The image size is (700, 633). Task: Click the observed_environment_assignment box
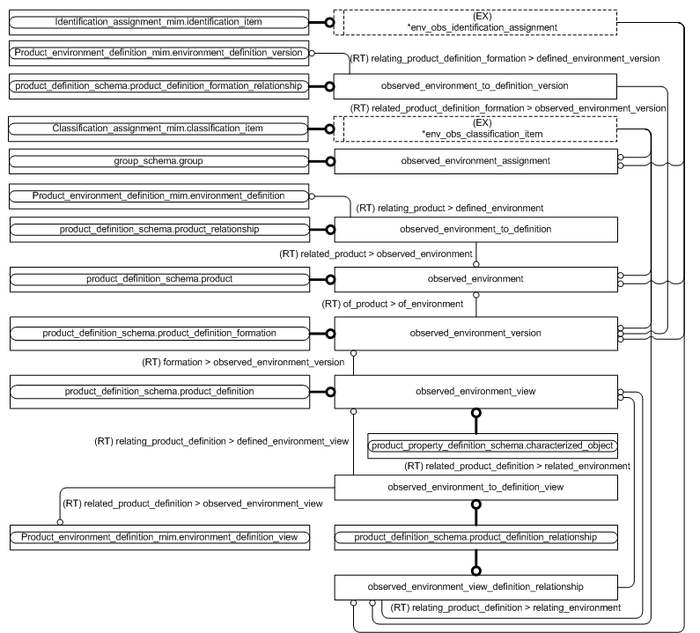pyautogui.click(x=475, y=161)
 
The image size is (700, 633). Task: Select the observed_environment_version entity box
pyautogui.click(x=475, y=333)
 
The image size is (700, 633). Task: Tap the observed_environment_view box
pyautogui.click(x=475, y=390)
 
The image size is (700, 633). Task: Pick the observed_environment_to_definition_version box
pyautogui.click(x=475, y=86)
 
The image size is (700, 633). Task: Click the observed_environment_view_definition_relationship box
pyautogui.click(x=475, y=585)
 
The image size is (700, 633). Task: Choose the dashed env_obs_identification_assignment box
pyautogui.click(x=475, y=22)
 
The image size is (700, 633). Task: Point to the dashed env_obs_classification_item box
pyautogui.click(x=475, y=129)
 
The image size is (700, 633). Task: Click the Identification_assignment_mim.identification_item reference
pyautogui.click(x=158, y=21)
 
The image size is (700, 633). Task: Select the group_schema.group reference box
pyautogui.click(x=158, y=161)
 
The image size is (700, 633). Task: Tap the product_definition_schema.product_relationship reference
pyautogui.click(x=158, y=230)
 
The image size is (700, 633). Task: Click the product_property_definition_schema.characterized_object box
pyautogui.click(x=491, y=445)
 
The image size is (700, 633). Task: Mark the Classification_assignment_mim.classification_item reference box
pyautogui.click(x=158, y=129)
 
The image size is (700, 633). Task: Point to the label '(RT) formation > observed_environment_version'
pyautogui.click(x=243, y=362)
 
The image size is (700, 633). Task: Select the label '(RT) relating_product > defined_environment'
pyautogui.click(x=449, y=209)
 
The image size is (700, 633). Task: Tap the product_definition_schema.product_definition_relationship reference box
pyautogui.click(x=475, y=536)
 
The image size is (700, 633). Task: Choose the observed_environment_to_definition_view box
pyautogui.click(x=475, y=486)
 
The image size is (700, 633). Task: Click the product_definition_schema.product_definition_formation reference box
pyautogui.click(x=158, y=333)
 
